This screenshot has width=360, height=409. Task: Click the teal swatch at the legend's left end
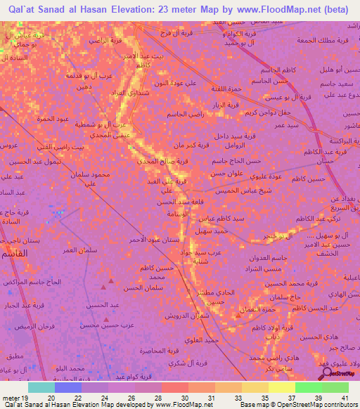click(41, 387)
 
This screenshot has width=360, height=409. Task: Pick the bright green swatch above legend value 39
click(308, 387)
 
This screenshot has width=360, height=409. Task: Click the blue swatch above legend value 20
click(68, 387)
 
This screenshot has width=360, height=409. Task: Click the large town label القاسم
click(13, 252)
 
